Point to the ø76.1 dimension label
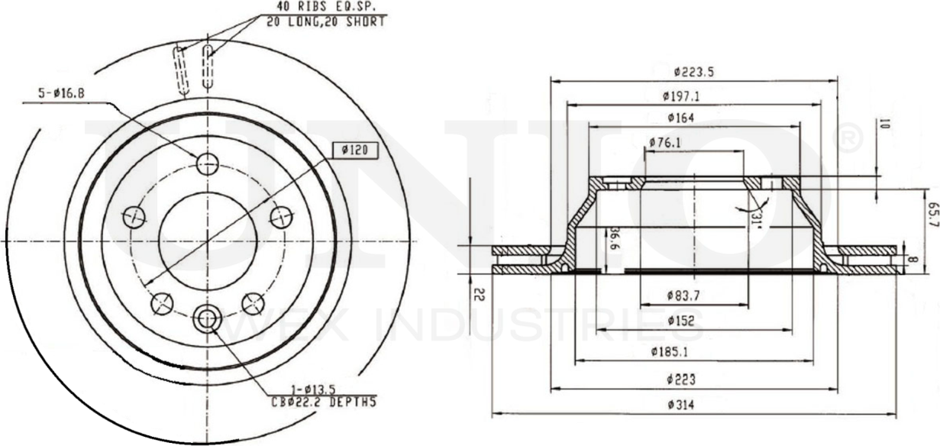point(665,142)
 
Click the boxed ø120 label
point(354,150)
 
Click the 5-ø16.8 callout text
point(61,94)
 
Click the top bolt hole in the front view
point(207,163)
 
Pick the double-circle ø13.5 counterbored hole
point(207,318)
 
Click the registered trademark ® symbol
point(851,139)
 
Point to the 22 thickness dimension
point(478,293)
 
